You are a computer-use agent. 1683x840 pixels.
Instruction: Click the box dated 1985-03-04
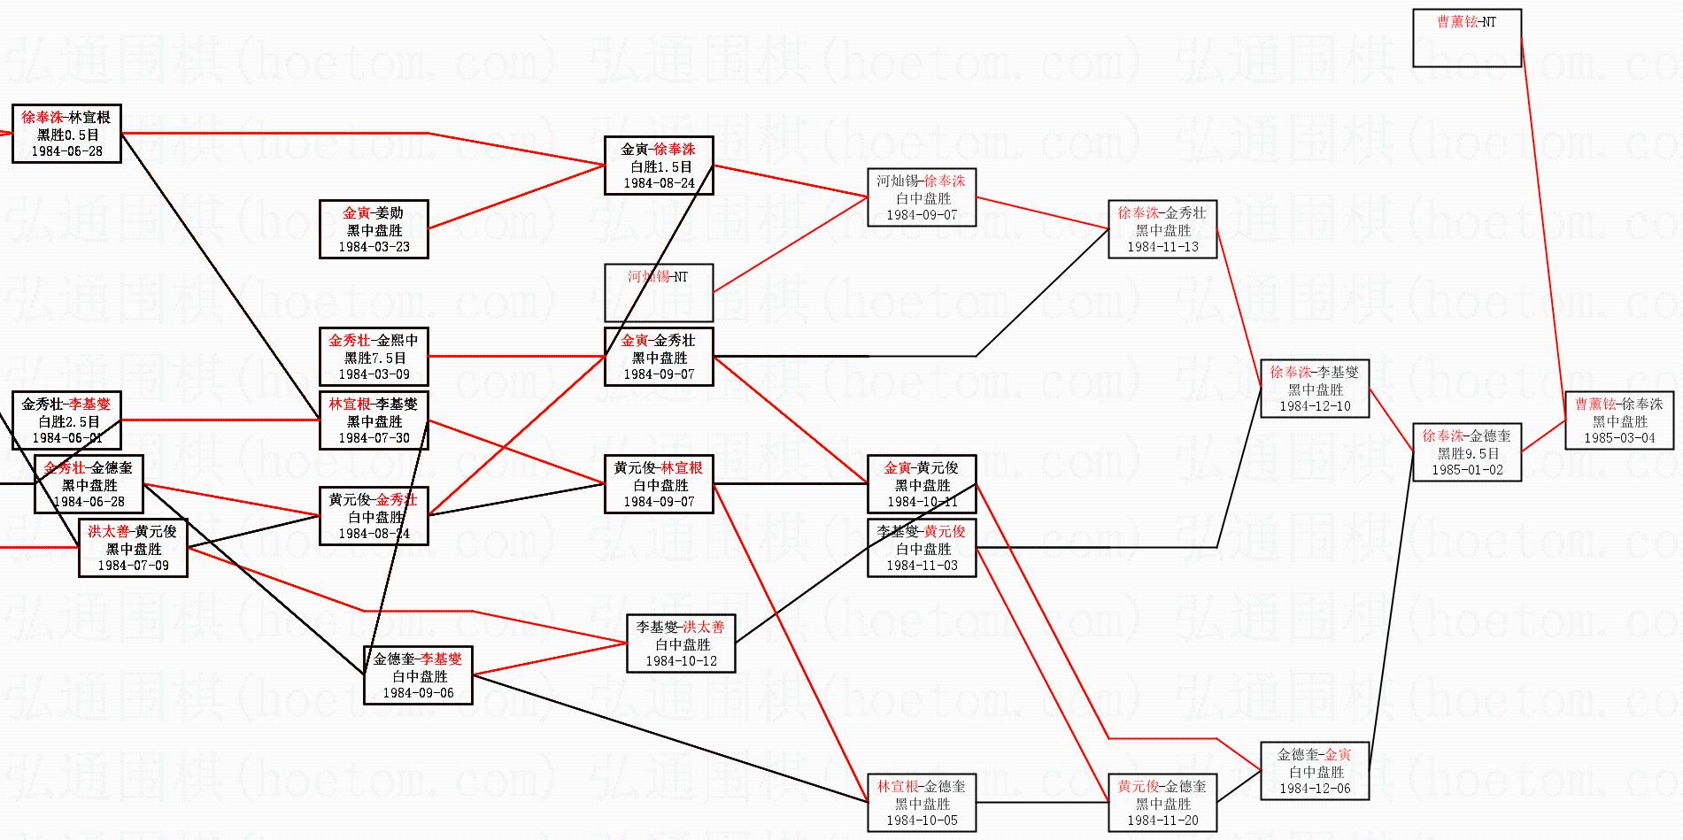click(x=1619, y=420)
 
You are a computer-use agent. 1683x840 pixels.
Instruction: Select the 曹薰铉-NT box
click(x=1466, y=38)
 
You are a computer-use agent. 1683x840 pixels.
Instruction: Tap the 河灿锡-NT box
click(x=659, y=292)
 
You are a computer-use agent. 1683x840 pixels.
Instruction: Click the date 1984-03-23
click(x=374, y=247)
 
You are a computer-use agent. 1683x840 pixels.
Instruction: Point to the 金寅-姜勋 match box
click(x=374, y=229)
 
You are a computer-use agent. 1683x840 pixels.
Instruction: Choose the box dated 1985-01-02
click(x=1466, y=452)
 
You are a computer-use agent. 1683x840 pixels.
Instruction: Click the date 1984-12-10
click(x=1315, y=406)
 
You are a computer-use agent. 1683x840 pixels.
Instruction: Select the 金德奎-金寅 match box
click(x=1315, y=771)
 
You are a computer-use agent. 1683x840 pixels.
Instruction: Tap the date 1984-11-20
click(x=1162, y=821)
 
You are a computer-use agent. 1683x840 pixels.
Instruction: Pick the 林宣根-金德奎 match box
click(x=922, y=803)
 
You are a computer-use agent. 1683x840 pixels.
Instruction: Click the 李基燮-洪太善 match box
click(x=681, y=643)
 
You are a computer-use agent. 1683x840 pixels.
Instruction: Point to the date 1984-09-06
click(x=418, y=693)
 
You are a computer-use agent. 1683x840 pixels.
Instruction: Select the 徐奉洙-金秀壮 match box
click(x=1162, y=229)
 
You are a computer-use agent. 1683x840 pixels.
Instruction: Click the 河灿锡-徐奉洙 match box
click(x=922, y=197)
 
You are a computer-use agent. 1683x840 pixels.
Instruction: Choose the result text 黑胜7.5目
click(x=374, y=358)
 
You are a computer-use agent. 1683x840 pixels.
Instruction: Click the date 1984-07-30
click(x=374, y=438)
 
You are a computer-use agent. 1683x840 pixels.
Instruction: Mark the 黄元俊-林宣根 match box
click(x=659, y=484)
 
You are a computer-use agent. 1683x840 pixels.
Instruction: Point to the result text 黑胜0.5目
click(x=67, y=135)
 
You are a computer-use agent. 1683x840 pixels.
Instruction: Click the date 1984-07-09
click(x=133, y=566)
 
